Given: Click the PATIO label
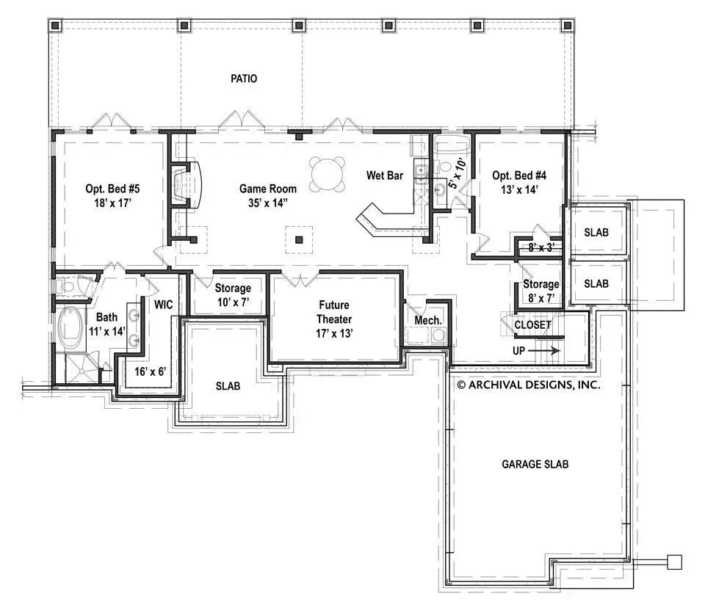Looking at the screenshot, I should (243, 79).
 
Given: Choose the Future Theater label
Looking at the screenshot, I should (334, 312).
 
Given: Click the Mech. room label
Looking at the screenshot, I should (428, 320).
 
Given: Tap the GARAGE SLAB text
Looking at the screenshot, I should (535, 464).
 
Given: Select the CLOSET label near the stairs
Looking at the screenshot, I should (532, 324).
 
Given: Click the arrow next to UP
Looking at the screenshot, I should (547, 351).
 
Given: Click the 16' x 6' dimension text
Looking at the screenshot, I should (151, 371).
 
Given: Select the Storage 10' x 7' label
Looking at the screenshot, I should (232, 295).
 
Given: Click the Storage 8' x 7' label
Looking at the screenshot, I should (540, 291).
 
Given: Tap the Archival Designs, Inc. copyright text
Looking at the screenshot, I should (528, 384).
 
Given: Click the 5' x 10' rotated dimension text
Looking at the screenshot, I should (457, 173).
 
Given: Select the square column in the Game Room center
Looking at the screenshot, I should (299, 239).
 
